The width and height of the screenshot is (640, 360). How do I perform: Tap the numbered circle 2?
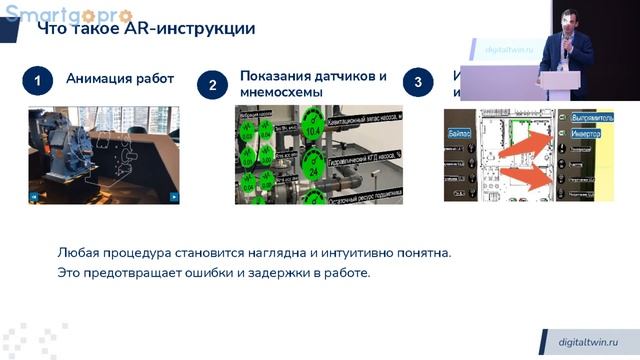click(x=213, y=85)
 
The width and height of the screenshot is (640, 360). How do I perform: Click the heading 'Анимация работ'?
click(x=120, y=79)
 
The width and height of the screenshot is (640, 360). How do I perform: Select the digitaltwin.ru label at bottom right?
click(x=587, y=341)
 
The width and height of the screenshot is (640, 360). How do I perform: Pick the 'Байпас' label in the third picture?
click(x=459, y=131)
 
